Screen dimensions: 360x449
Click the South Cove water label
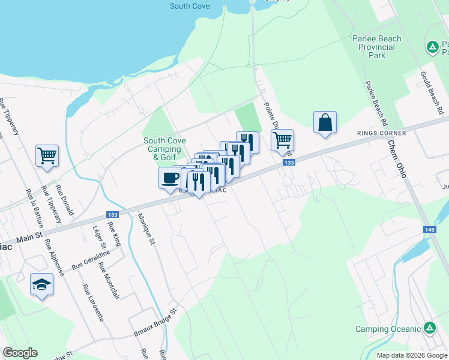pos(189,7)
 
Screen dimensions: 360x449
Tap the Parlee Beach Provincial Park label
pos(376,47)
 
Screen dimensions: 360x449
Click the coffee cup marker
pos(170,178)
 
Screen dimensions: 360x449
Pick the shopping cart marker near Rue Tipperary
pos(47,156)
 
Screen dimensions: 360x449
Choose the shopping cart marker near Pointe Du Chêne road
pos(282,141)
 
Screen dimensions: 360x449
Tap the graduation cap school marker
pos(41,284)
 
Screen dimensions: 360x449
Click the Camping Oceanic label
pos(388,329)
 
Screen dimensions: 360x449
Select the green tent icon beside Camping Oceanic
pos(430,328)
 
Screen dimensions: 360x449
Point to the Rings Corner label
pos(381,133)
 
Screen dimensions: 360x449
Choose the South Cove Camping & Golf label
pos(164,149)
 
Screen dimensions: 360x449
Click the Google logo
pos(20,353)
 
